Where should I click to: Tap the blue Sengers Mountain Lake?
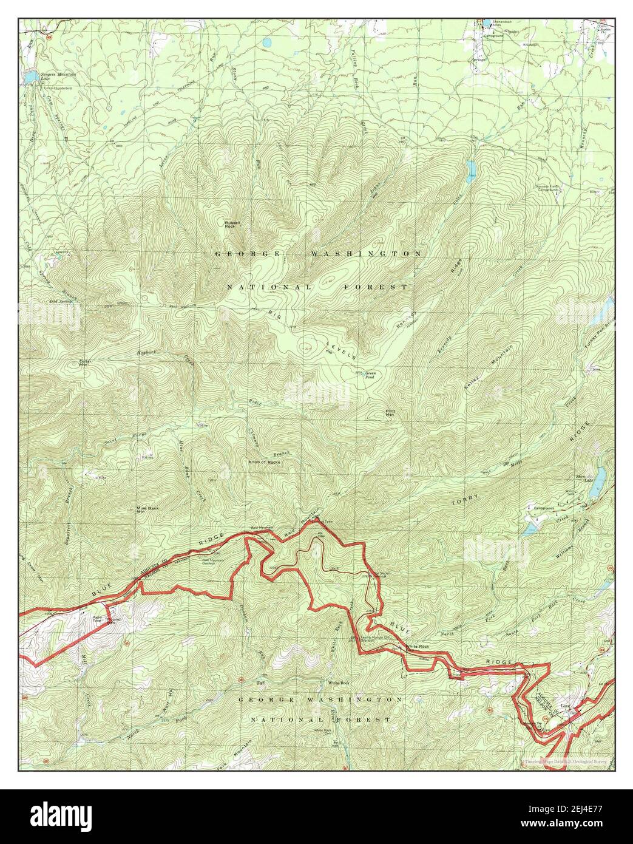tap(29, 77)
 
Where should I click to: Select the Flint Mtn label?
tap(390, 413)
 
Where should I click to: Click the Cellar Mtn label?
tap(85, 363)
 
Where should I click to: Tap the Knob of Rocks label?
tap(265, 462)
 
